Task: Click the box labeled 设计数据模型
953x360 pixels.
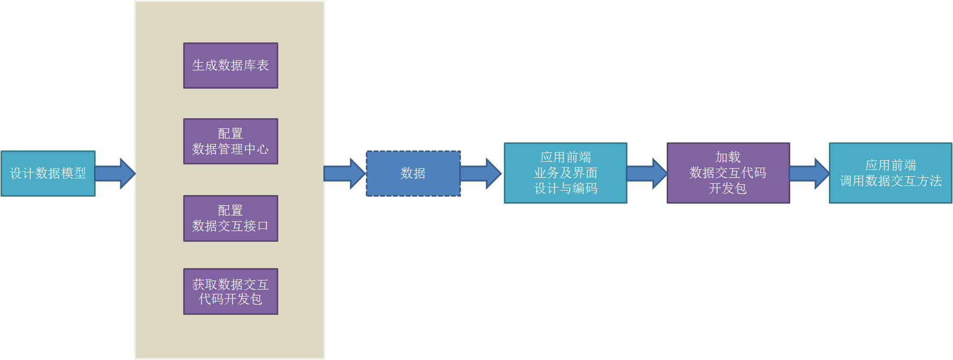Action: point(48,174)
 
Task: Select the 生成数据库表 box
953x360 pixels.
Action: point(230,66)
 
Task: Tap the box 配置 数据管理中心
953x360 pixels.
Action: point(230,141)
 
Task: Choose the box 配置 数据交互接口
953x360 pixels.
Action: point(230,218)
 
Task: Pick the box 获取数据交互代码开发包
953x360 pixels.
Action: point(230,291)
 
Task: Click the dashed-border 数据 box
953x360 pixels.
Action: point(413,174)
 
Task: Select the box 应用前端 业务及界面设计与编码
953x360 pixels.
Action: point(566,173)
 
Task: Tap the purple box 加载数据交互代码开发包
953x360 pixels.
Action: point(728,173)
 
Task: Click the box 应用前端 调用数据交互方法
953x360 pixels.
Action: point(891,173)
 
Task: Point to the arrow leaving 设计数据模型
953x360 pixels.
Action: point(115,174)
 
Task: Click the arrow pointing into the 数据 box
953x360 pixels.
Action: point(345,174)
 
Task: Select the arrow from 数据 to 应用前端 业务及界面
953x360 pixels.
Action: point(481,174)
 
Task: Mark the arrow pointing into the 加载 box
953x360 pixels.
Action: point(647,174)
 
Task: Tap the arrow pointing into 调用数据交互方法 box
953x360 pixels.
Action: point(810,174)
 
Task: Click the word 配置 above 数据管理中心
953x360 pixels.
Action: point(230,133)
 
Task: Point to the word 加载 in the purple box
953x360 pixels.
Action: point(728,157)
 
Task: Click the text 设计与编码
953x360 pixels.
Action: point(566,189)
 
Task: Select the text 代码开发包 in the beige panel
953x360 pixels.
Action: point(230,299)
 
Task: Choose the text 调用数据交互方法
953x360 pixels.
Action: point(891,181)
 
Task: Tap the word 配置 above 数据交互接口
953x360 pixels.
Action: point(230,210)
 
